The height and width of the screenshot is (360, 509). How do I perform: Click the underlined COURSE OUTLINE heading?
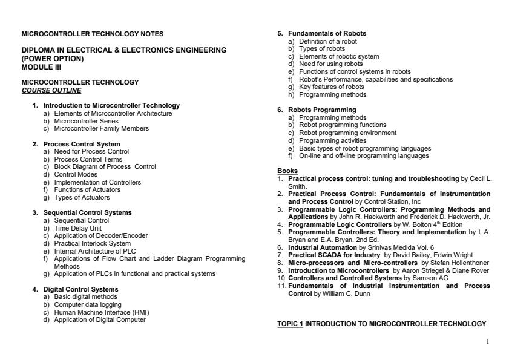[x=51, y=91]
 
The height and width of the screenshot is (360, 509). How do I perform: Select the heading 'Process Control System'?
[x=82, y=144]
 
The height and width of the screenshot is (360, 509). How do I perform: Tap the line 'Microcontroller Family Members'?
[x=101, y=128]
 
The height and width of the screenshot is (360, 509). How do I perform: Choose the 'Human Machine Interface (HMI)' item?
[x=102, y=312]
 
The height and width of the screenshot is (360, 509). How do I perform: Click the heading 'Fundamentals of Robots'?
[x=327, y=33]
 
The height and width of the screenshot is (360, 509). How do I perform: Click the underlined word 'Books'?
[x=287, y=171]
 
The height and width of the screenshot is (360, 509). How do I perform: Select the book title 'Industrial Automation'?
[x=323, y=247]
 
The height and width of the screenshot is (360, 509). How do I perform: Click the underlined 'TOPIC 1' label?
[x=290, y=324]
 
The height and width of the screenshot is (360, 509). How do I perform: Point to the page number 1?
[x=487, y=341]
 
